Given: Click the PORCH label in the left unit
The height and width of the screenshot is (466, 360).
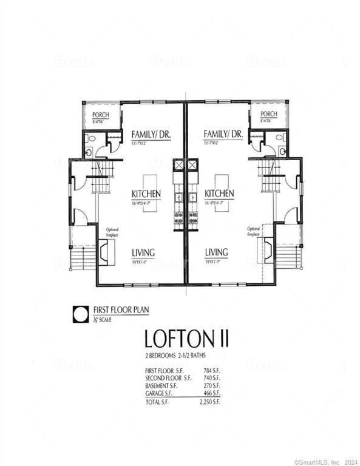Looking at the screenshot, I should point(100,115).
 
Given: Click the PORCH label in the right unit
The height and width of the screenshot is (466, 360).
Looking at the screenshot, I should point(268,114).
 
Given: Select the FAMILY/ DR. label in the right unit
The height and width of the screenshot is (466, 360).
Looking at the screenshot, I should point(223,134).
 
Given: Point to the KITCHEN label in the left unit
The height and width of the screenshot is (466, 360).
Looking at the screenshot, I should point(146,194).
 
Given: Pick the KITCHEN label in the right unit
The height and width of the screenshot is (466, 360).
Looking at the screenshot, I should point(219,194).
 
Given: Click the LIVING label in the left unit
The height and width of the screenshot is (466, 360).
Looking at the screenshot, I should point(143,252).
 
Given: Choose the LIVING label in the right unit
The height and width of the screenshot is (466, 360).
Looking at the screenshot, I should point(216,252).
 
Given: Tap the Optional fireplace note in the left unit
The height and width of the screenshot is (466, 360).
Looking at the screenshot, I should point(112,232).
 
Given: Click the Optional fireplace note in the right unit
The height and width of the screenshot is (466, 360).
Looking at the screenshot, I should point(254,231).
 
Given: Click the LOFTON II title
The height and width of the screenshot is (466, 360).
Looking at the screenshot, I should point(179,337).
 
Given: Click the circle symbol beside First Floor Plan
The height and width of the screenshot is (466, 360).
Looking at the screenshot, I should point(81,314).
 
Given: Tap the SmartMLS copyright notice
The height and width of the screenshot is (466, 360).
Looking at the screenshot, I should point(326,462).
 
